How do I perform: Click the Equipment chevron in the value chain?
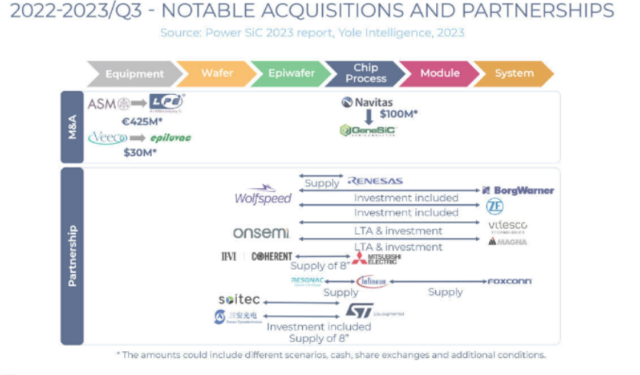pyautogui.click(x=134, y=73)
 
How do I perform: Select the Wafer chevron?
pyautogui.click(x=217, y=73)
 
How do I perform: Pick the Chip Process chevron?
pyautogui.click(x=366, y=73)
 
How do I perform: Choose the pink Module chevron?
pyautogui.click(x=440, y=73)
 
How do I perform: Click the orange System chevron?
pyautogui.click(x=514, y=73)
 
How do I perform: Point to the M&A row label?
pyautogui.click(x=71, y=127)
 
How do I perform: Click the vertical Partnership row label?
pyautogui.click(x=71, y=256)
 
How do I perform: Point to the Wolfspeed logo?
pyautogui.click(x=263, y=196)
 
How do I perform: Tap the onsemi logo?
pyautogui.click(x=261, y=232)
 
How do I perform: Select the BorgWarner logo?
pyautogui.click(x=517, y=190)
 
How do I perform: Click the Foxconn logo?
pyautogui.click(x=510, y=282)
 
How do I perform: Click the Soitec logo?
pyautogui.click(x=238, y=299)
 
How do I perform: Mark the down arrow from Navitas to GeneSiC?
pyautogui.click(x=369, y=116)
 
